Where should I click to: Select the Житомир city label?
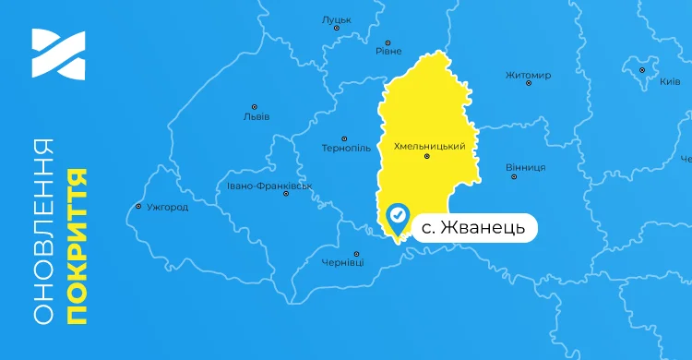(x=529, y=75)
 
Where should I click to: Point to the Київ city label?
(x=670, y=82)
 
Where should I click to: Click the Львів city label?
(x=256, y=117)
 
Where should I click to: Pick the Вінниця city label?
(x=526, y=167)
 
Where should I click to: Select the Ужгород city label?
(x=167, y=207)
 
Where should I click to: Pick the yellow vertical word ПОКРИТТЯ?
(x=77, y=246)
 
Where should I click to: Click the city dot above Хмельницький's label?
(x=426, y=157)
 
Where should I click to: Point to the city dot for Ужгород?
(x=138, y=206)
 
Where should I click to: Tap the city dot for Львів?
(x=255, y=106)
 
